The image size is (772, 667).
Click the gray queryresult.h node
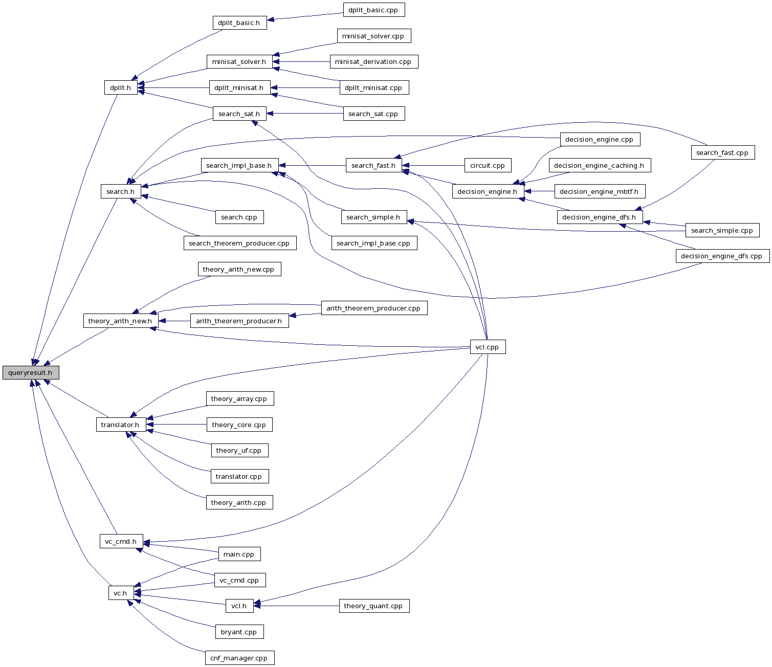(x=31, y=373)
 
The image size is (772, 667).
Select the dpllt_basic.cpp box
(x=373, y=10)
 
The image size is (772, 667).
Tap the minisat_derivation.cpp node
(x=373, y=62)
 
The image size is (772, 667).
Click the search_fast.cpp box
(x=722, y=153)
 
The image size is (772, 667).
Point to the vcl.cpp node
(x=487, y=347)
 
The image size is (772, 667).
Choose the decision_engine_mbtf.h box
(x=599, y=192)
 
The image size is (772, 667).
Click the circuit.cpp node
(x=488, y=166)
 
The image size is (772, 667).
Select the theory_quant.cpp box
(x=373, y=606)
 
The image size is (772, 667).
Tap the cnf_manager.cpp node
(x=239, y=658)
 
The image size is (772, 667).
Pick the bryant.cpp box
(x=239, y=632)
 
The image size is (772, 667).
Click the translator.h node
(x=120, y=425)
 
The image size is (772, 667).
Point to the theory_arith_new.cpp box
(x=238, y=270)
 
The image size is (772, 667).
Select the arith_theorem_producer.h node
(x=239, y=321)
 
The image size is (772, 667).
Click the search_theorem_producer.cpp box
(x=239, y=243)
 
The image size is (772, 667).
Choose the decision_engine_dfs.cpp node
(x=722, y=256)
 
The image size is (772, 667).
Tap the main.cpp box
(x=239, y=554)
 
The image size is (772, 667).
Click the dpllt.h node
(x=120, y=88)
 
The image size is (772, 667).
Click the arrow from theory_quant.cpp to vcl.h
(x=297, y=606)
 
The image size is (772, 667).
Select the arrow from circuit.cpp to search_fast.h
(x=435, y=166)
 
